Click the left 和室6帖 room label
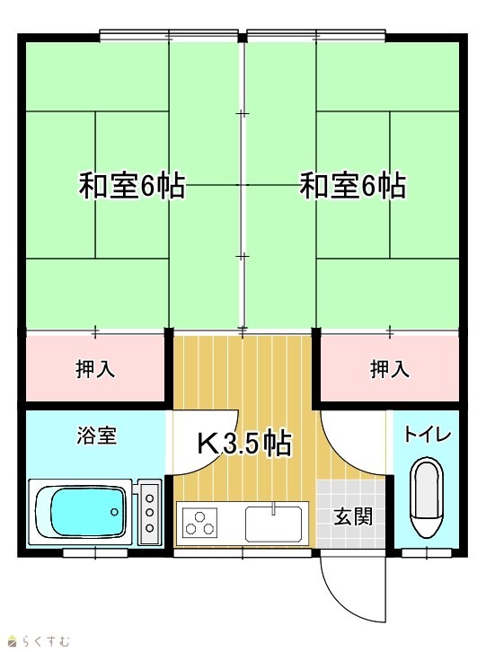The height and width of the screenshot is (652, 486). tap(132, 186)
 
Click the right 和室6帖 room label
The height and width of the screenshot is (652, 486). tap(353, 186)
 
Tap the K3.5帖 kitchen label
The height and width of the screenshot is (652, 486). tap(243, 444)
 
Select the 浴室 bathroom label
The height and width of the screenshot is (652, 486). tap(96, 436)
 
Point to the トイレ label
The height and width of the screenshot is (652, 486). tap(428, 435)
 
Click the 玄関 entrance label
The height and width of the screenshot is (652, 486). tap(353, 517)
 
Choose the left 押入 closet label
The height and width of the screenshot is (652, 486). tap(95, 369)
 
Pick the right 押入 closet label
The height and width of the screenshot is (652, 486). tap(390, 369)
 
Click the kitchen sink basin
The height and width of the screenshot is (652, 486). tap(273, 524)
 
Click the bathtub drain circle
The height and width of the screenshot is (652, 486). tap(114, 512)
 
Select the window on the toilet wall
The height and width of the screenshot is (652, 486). tap(428, 553)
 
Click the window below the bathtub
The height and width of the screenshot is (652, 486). tap(95, 553)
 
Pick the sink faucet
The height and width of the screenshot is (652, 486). tap(273, 509)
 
